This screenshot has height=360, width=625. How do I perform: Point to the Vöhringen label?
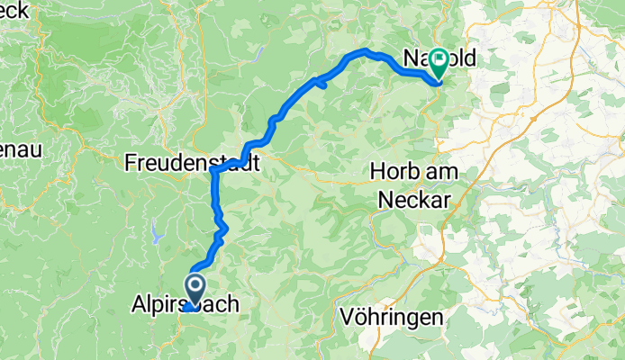(393, 317)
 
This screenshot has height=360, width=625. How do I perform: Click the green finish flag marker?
(439, 62)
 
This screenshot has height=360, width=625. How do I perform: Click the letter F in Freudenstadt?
(131, 163)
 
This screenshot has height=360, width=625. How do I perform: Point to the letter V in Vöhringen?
(349, 317)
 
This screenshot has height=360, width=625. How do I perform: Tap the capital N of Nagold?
(403, 60)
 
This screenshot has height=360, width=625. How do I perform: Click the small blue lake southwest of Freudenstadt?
(159, 236)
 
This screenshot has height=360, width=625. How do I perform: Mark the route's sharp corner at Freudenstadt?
(213, 169)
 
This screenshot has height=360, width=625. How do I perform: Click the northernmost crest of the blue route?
(366, 50)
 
